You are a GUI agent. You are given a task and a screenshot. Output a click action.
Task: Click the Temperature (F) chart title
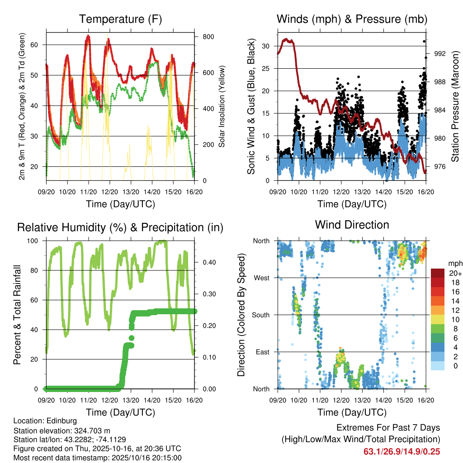[x=120, y=19]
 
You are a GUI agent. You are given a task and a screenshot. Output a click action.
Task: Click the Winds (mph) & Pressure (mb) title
[x=352, y=19]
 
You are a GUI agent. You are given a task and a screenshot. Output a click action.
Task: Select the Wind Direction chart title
[x=352, y=225]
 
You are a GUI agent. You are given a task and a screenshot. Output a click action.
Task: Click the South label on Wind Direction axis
[x=262, y=315]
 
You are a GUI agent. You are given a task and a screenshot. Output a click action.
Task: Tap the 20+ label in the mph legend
[x=454, y=273]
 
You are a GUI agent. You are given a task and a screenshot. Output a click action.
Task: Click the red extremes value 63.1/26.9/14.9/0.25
[x=402, y=451]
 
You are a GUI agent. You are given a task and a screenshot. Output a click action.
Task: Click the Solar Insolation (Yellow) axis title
[x=222, y=106]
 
